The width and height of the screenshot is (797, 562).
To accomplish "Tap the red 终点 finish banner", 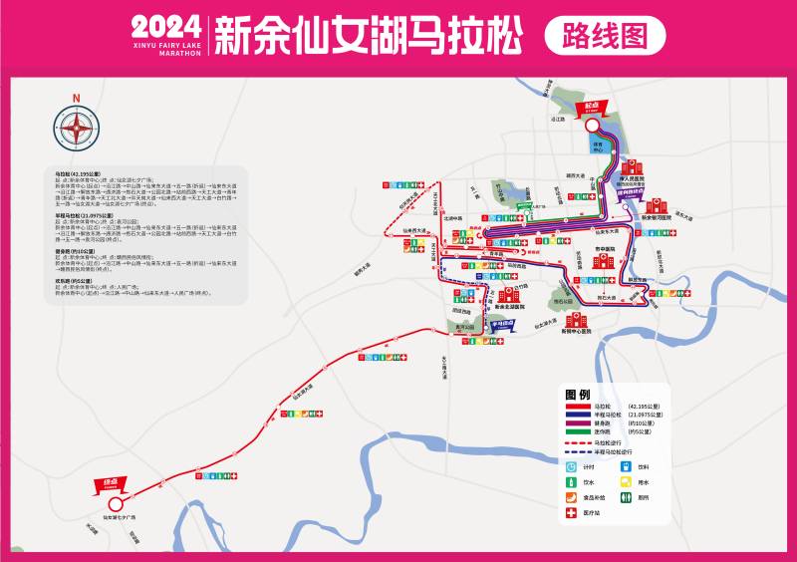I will (x=106, y=484).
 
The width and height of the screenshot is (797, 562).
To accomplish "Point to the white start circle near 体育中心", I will (x=593, y=127).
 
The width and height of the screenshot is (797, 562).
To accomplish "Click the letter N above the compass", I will (x=76, y=98).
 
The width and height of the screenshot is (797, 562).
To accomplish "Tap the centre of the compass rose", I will (x=76, y=127).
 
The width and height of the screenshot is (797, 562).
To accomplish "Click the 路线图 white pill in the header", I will (x=605, y=36).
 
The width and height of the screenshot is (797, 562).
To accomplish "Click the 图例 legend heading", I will (x=578, y=395).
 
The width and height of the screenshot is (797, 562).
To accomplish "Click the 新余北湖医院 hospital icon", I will (x=509, y=296).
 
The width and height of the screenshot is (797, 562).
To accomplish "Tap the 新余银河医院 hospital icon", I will (x=653, y=204).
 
